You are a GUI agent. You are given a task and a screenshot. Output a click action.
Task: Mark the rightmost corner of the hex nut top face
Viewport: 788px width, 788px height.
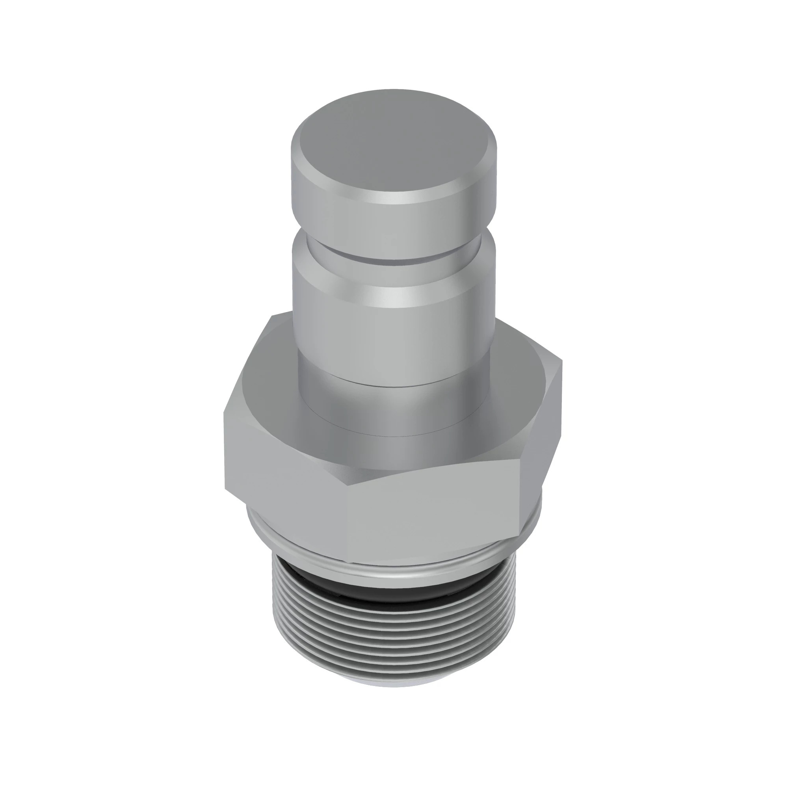pos(562,361)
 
